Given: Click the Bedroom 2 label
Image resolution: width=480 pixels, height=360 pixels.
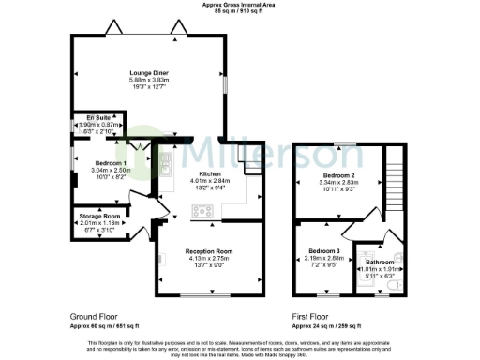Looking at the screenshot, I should pos(339,175).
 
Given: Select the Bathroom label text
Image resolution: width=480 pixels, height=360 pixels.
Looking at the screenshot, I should pos(380,262).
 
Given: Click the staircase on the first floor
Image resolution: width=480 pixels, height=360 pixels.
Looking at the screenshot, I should pos(392,184).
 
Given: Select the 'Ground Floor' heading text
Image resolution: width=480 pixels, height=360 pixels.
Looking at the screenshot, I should pos(96,316).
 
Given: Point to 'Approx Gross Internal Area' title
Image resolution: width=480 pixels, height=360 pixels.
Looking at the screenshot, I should pos(239,5).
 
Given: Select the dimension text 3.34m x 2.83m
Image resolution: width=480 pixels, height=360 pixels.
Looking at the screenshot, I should pos(339,183).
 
